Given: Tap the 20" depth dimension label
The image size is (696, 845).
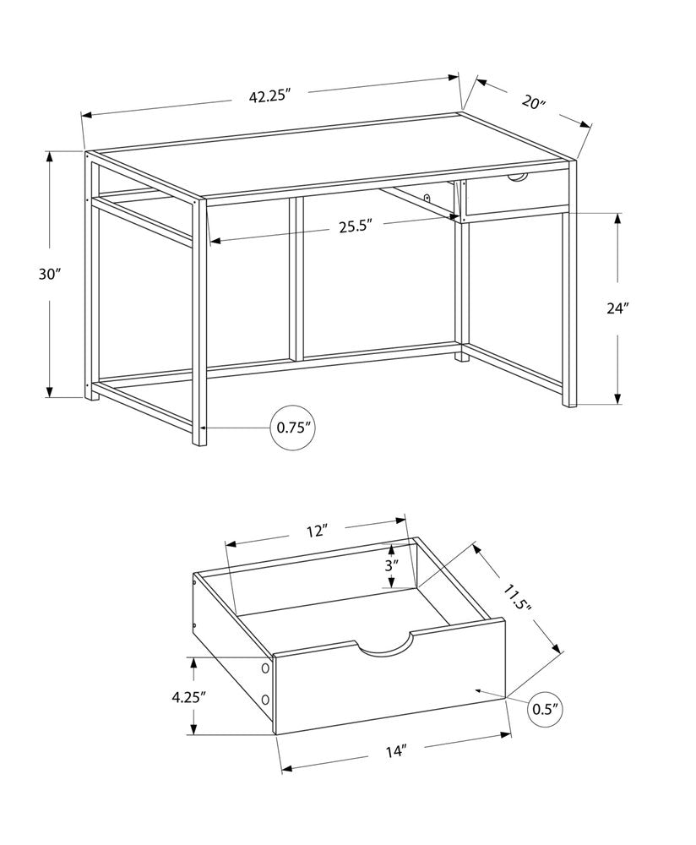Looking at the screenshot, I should tap(532, 103).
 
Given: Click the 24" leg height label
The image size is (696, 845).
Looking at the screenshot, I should tap(617, 308).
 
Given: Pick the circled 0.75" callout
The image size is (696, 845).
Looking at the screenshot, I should tap(295, 428).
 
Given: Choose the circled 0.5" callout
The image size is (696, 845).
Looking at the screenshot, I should tap(546, 708).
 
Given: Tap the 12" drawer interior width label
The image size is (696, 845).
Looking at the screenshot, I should tap(316, 531).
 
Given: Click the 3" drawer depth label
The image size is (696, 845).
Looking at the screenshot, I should tap(390, 565).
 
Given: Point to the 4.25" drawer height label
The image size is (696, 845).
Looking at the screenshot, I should tap(189, 697).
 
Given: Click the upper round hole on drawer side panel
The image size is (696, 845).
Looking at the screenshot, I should tap(266, 668).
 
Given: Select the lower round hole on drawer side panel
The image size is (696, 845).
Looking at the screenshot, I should tap(266, 701).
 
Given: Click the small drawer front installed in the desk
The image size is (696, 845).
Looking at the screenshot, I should tap(517, 198).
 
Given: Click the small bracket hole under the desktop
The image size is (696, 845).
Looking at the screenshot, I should tap(404, 199).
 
